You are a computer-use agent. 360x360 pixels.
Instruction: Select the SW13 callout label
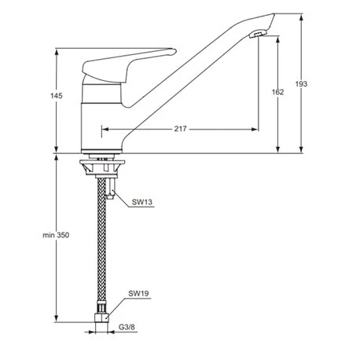coord(141,202)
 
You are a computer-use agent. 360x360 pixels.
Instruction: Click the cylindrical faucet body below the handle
coord(102,118)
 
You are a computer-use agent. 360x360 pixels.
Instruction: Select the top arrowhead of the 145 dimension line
coord(57,52)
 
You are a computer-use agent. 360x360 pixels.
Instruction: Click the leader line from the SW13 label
coord(122,201)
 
